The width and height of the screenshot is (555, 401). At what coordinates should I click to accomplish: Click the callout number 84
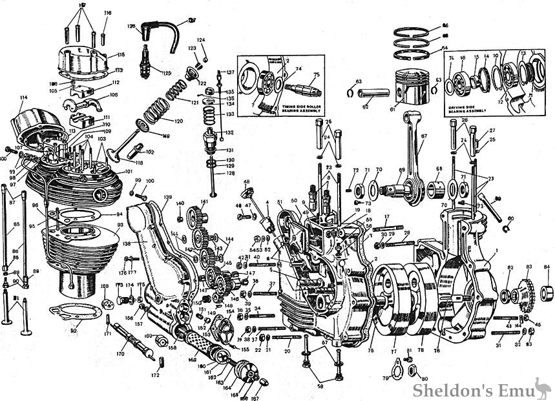[546, 267]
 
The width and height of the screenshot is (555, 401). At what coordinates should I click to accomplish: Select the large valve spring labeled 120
[156, 110]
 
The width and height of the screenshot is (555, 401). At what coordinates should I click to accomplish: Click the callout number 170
[120, 354]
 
